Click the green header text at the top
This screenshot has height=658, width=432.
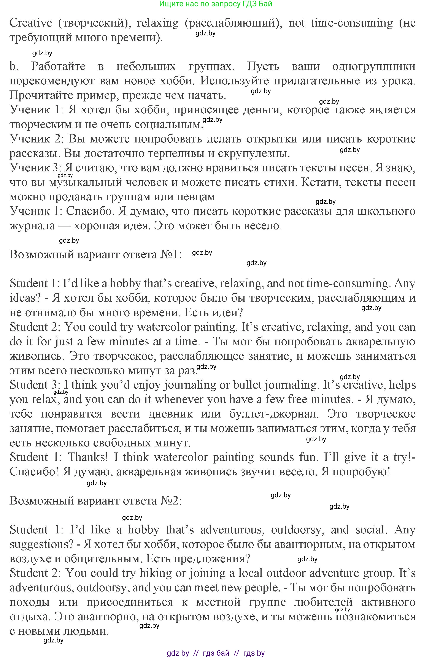(216, 4)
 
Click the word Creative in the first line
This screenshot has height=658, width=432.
(31, 23)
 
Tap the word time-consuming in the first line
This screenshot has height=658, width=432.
(351, 23)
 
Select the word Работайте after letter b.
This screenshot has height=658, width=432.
(58, 66)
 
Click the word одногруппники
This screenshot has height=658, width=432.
(374, 66)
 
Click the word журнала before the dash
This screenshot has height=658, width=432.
(32, 226)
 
